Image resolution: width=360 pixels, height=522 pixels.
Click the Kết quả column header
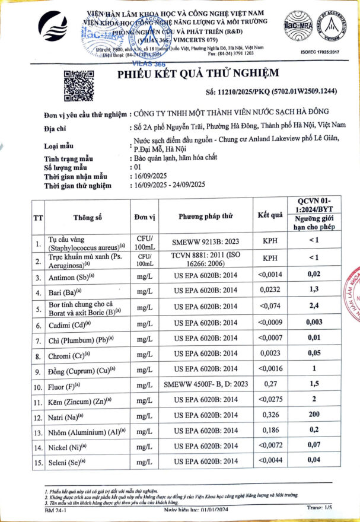(x=269, y=215)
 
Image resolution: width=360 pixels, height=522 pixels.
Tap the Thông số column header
(x=88, y=217)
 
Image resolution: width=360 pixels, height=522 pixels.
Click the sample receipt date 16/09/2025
(x=148, y=177)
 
